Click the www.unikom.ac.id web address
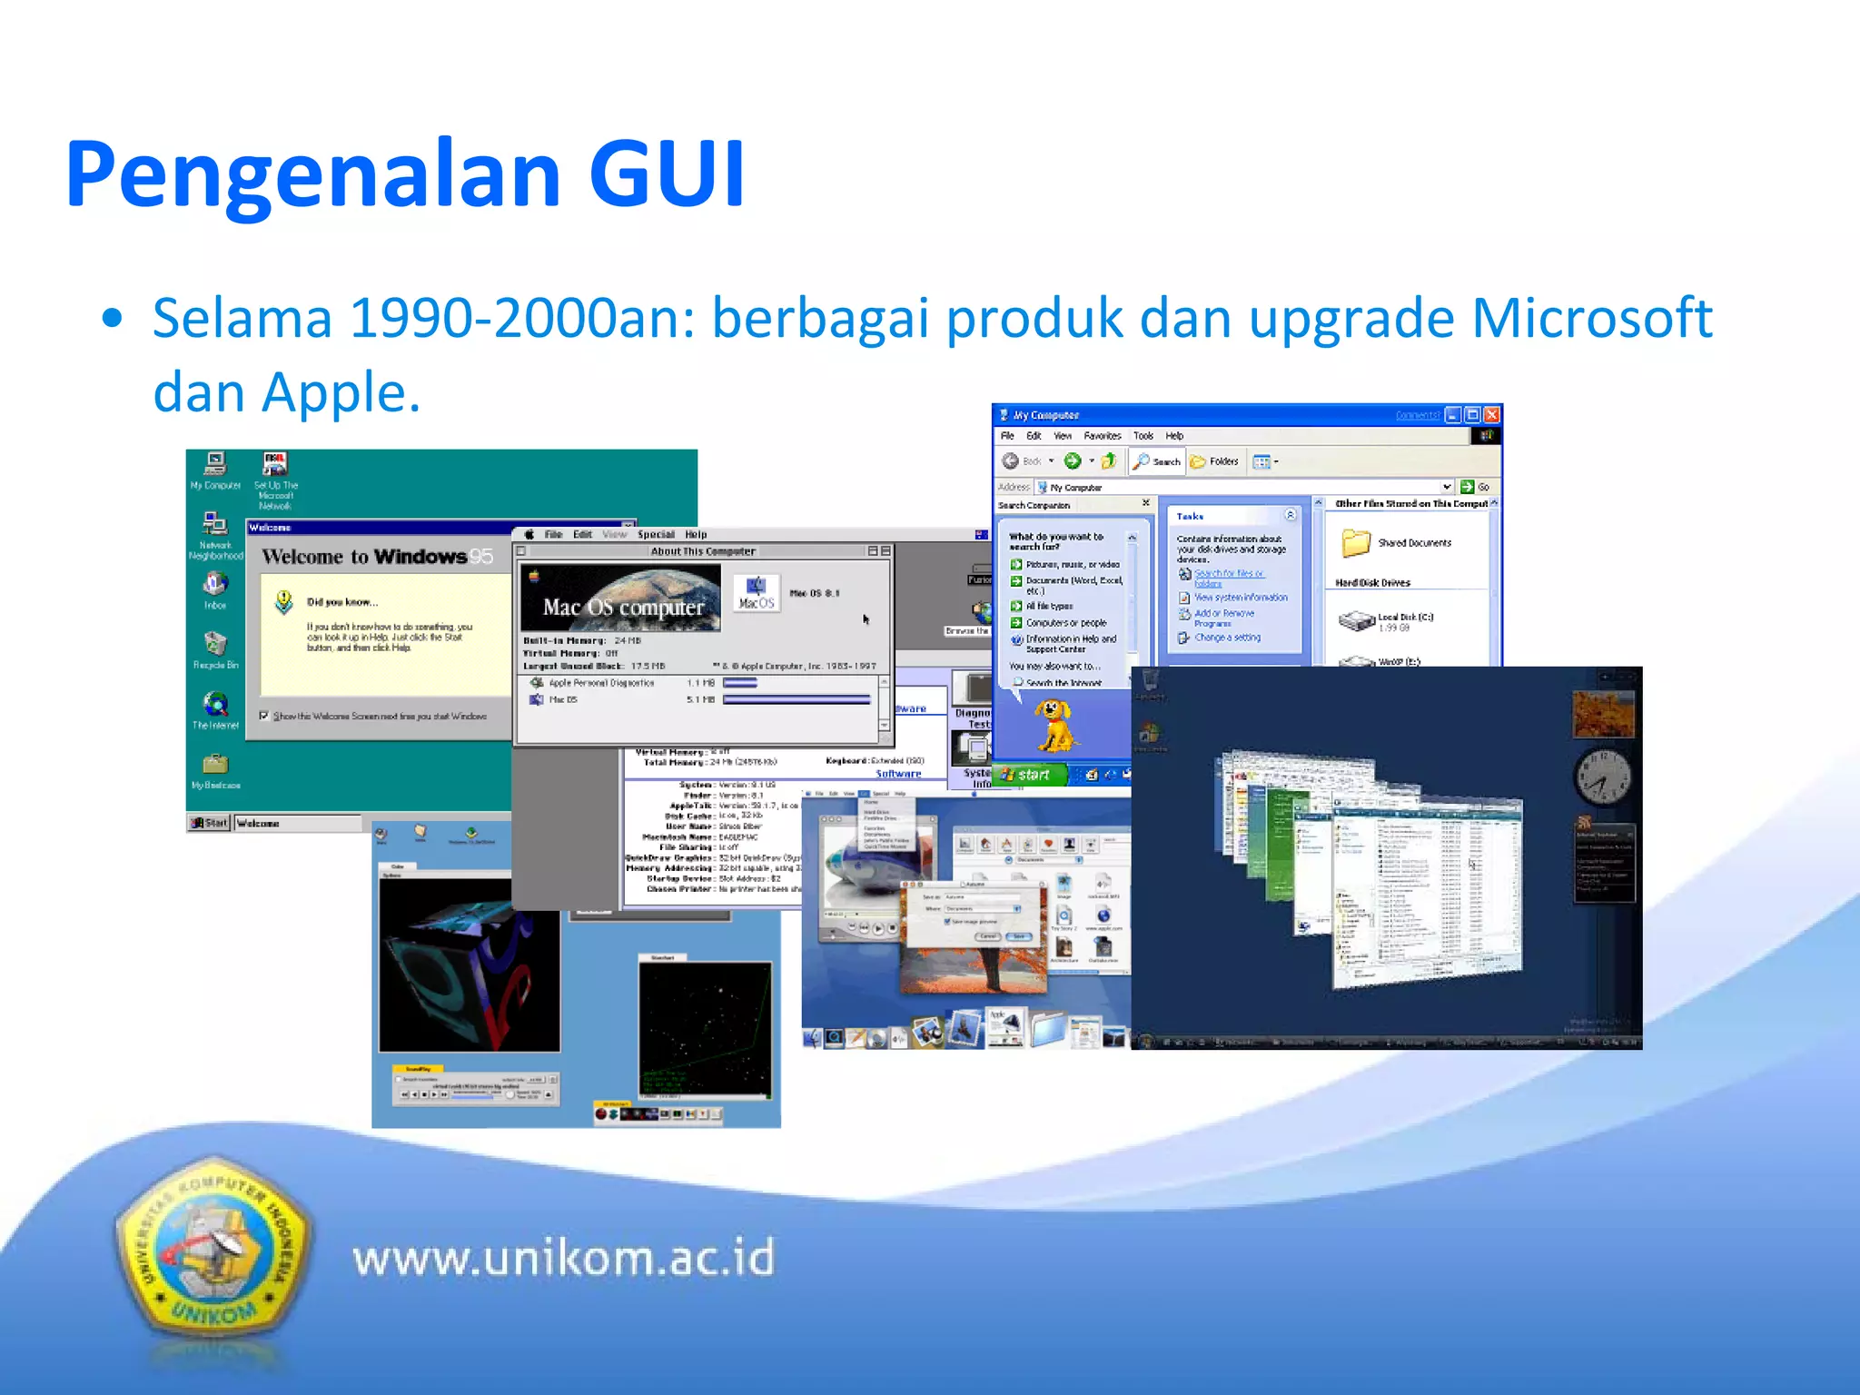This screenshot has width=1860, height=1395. [563, 1259]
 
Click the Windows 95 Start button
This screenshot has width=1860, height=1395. [210, 823]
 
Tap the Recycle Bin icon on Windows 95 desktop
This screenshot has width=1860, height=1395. [215, 645]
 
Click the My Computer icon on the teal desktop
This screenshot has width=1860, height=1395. [215, 465]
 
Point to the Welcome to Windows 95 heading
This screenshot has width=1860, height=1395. [376, 557]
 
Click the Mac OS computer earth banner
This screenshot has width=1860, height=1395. [621, 598]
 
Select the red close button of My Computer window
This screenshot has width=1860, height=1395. [1491, 415]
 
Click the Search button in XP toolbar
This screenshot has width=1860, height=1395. [1158, 461]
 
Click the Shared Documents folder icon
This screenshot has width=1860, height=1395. [1355, 542]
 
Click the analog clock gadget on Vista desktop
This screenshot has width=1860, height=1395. [1602, 776]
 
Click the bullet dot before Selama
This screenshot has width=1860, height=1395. [112, 319]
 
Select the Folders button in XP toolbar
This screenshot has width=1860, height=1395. [1214, 461]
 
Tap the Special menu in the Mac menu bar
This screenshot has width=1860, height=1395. [656, 534]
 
